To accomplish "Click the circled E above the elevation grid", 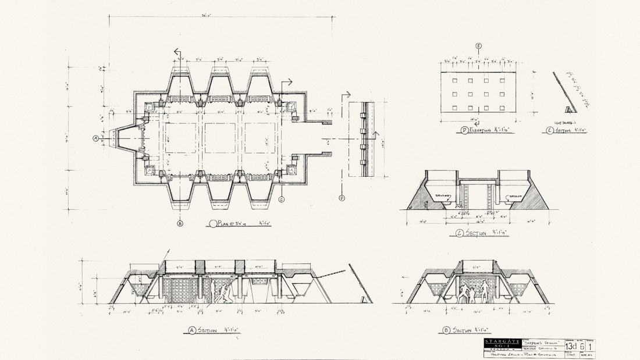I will point(478,45).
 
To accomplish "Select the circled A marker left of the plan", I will point(95,138).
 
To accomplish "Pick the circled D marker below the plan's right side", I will point(342,198).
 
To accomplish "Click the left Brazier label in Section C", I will point(444,195).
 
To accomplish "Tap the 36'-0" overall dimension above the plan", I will point(221,14).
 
